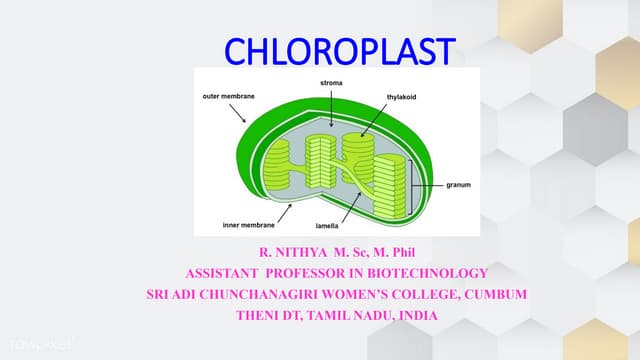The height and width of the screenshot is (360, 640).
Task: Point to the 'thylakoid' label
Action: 403,97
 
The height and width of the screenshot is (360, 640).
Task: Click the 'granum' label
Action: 458,185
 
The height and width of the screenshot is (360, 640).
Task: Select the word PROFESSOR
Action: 290,273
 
